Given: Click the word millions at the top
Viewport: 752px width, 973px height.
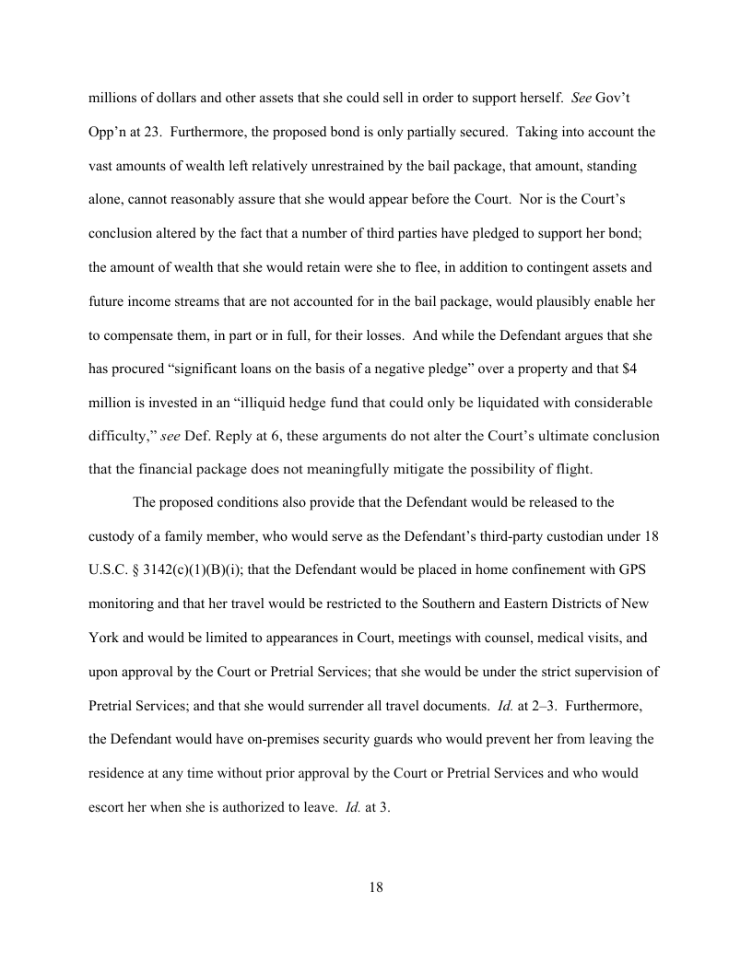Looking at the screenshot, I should point(113,98).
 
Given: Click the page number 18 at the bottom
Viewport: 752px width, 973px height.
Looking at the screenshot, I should point(375,887).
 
